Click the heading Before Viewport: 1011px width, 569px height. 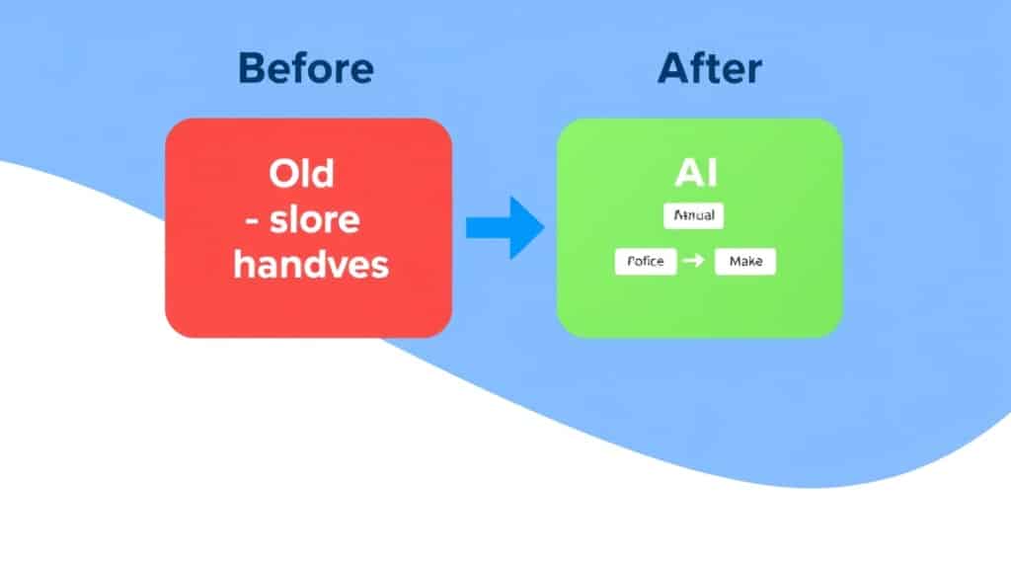(x=307, y=70)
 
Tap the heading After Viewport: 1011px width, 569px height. (x=709, y=70)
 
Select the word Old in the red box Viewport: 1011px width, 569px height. (x=302, y=175)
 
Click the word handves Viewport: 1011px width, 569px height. (x=311, y=264)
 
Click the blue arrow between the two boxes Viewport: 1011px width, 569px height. (x=505, y=227)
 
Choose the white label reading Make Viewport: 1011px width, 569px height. (x=745, y=262)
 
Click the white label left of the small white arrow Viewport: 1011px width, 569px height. (x=646, y=262)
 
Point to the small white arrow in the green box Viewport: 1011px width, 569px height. (x=694, y=262)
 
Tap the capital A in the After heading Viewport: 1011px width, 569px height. (x=673, y=70)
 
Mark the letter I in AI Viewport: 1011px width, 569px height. (x=711, y=174)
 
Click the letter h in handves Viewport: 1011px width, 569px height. (x=243, y=264)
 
